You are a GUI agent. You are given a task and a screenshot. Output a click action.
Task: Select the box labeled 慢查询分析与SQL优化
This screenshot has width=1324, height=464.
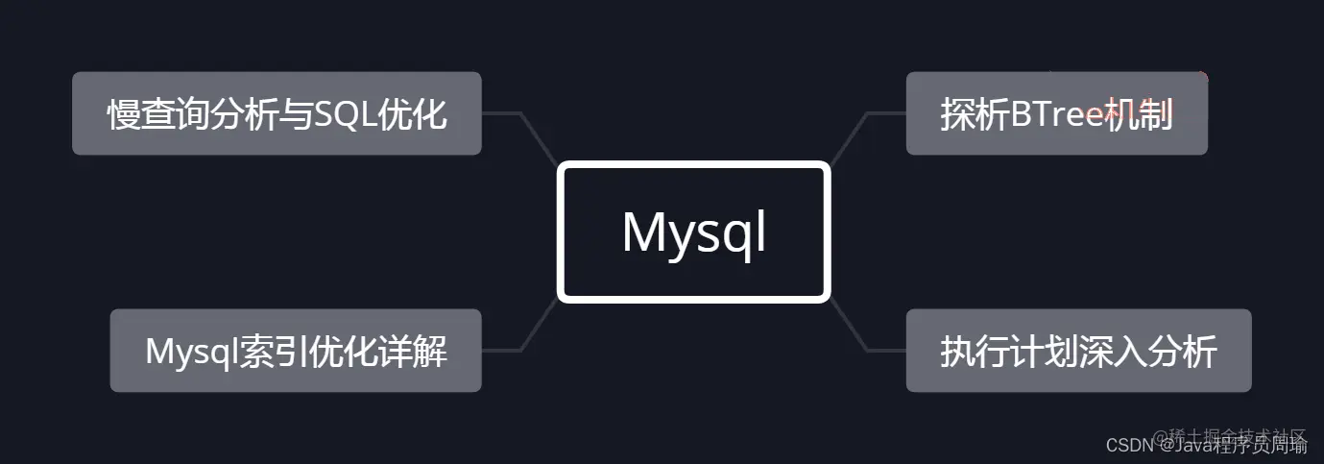click(277, 113)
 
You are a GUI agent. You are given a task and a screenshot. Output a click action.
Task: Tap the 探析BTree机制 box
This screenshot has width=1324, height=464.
click(1056, 113)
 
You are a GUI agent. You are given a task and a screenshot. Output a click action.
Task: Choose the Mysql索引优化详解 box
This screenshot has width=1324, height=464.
click(296, 351)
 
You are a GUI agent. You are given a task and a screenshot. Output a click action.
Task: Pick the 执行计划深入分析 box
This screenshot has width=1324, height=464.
click(1078, 351)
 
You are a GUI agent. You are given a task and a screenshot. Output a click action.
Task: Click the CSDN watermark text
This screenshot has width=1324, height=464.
click(1128, 446)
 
